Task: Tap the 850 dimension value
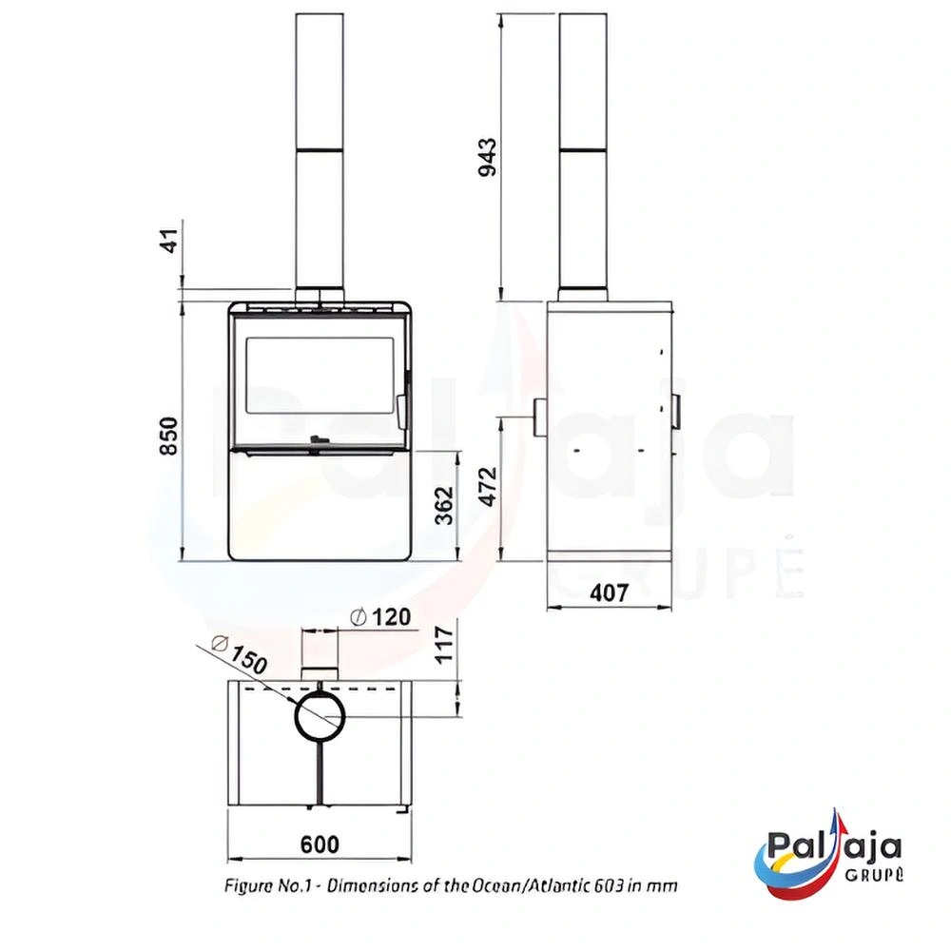coord(168,437)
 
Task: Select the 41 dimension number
coord(171,241)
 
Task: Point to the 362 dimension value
coord(445,505)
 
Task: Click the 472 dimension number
coord(488,486)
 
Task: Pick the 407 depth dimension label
coord(610,592)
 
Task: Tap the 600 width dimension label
coord(320,844)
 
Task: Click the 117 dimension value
coord(444,646)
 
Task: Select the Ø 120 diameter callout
coord(381,617)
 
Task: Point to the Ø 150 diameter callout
coord(241,654)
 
